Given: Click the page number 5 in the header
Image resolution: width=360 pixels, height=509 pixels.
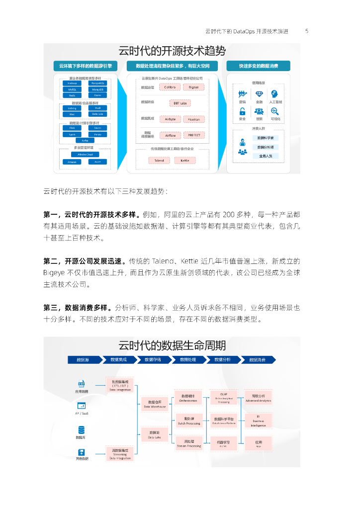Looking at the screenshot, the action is click(307, 31).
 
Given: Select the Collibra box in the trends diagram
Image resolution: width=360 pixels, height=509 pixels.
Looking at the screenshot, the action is click(170, 87).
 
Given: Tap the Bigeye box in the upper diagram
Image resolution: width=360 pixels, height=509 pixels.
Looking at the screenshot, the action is click(193, 87).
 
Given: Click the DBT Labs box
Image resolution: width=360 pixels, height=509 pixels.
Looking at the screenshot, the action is click(180, 103).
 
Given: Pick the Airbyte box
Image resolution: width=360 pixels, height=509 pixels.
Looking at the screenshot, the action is click(170, 119).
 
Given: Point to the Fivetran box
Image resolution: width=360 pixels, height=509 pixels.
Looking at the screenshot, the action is click(193, 119).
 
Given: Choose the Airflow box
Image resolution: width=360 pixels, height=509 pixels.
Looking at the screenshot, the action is click(170, 135).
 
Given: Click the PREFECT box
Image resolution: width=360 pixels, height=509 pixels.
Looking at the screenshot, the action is click(193, 135).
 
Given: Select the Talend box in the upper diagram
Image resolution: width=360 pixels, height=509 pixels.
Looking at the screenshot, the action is click(159, 161).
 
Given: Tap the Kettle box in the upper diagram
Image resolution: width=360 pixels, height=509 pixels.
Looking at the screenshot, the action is click(185, 161).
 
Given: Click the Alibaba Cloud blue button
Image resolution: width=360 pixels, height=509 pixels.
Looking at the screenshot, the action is click(85, 155).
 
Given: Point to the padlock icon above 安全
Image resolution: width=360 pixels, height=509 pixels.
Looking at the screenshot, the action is click(243, 111).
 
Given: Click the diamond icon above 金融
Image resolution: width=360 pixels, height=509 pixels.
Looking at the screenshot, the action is click(259, 93).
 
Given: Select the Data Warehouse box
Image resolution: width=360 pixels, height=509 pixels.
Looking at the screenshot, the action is click(154, 404).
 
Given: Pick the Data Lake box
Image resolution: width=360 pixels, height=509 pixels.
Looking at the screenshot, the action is click(154, 435).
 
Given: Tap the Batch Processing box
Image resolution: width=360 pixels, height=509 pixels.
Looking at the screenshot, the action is click(189, 421).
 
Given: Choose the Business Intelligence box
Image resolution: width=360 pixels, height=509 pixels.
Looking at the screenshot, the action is click(258, 421).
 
